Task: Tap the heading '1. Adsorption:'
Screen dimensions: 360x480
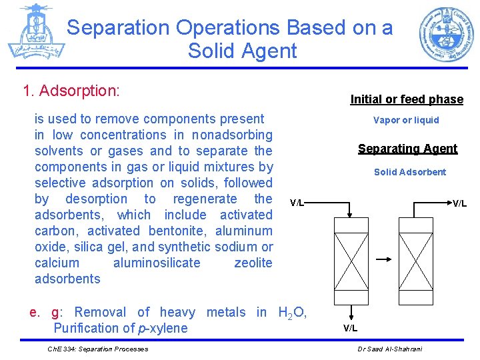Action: (x=71, y=91)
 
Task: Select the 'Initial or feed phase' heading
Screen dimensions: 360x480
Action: (x=407, y=99)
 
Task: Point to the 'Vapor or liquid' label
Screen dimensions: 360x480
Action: (x=406, y=121)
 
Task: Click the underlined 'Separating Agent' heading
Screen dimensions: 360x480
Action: (x=407, y=149)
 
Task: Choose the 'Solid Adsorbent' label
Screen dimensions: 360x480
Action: (x=409, y=172)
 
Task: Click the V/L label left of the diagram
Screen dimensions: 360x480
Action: (x=297, y=203)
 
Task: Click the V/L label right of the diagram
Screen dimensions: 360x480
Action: (x=459, y=203)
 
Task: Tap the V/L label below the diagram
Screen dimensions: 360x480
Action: (x=350, y=327)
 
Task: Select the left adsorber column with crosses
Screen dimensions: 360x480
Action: (x=349, y=259)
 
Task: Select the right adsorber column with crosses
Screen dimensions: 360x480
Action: (x=415, y=259)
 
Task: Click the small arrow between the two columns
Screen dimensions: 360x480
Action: (x=383, y=259)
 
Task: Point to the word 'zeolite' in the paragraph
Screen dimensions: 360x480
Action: (x=253, y=263)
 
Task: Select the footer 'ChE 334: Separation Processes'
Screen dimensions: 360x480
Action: (x=98, y=349)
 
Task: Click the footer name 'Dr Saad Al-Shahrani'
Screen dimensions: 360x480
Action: (x=389, y=349)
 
